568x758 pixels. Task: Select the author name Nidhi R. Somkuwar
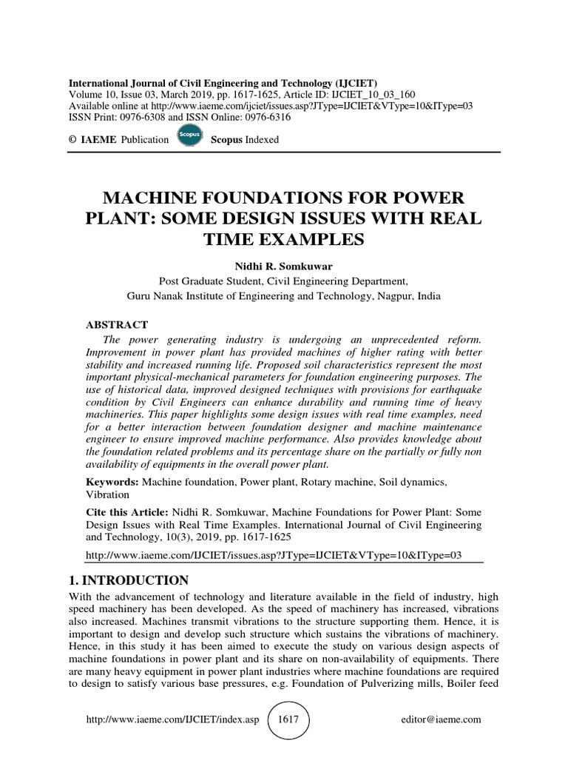(284, 266)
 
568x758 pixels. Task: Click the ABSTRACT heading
(118, 325)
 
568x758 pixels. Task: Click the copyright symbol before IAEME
(72, 139)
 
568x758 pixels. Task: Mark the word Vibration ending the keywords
(108, 494)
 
